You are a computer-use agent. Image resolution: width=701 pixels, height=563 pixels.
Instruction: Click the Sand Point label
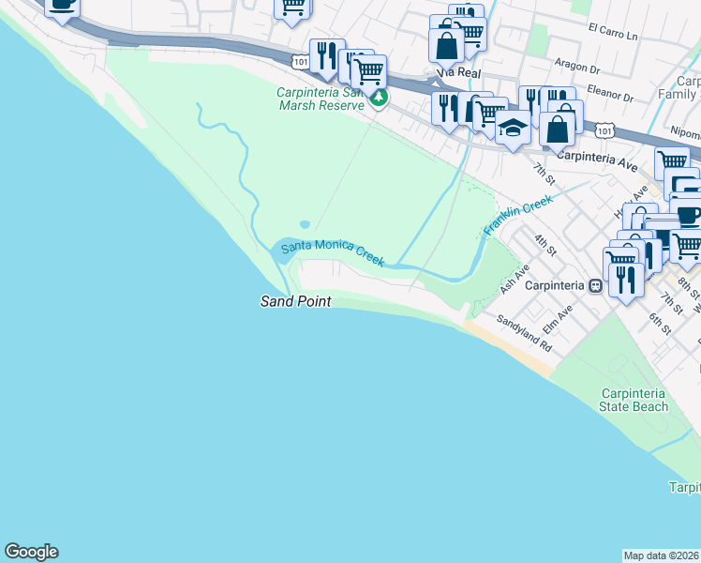[x=294, y=301]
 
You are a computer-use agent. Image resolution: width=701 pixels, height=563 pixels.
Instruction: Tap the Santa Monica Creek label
[x=334, y=252]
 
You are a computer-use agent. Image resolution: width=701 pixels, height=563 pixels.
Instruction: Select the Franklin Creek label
[x=518, y=215]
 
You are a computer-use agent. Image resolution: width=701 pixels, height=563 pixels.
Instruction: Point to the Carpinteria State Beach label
[x=634, y=399]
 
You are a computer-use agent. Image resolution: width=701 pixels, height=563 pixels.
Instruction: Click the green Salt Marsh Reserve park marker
[x=379, y=98]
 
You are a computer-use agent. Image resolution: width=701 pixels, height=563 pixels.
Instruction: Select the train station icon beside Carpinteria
[x=593, y=285]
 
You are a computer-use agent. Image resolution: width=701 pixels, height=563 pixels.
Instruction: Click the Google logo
[x=31, y=552]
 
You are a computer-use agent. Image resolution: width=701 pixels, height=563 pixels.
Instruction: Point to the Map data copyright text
[x=662, y=555]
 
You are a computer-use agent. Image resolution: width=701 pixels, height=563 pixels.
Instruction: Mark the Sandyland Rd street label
[x=531, y=332]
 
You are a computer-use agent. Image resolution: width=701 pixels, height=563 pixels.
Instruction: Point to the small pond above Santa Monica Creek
[x=305, y=225]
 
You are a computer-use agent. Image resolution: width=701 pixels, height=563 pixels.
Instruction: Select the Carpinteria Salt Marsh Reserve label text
[x=320, y=99]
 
